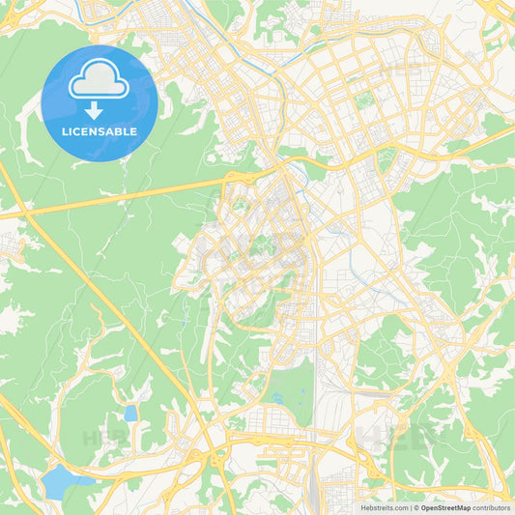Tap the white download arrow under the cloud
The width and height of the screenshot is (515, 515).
point(94,109)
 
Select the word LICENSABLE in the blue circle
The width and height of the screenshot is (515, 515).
point(100,131)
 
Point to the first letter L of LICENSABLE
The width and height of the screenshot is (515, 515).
point(65,131)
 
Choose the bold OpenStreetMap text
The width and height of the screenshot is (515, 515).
point(446,507)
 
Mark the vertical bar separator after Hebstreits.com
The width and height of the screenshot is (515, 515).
point(411,507)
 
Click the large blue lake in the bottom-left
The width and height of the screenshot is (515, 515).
point(61,477)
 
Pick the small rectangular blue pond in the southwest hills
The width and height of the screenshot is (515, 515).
point(130,414)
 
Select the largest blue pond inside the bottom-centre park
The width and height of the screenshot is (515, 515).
point(278,397)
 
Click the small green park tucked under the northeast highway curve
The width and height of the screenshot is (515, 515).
point(495,124)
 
